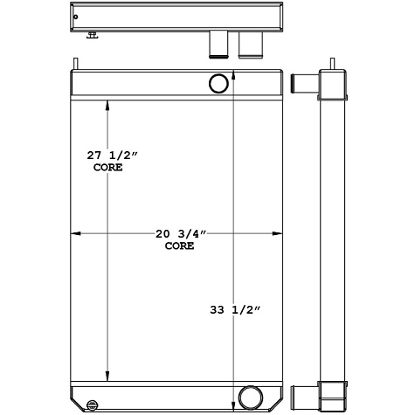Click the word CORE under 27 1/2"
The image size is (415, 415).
point(107,167)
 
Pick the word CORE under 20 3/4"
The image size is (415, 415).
point(179,247)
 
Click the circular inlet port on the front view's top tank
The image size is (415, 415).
point(218,84)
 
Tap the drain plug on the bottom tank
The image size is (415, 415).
point(93,404)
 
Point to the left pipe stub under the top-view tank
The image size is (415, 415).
point(218,45)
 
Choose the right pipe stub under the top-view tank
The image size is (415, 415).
point(251,45)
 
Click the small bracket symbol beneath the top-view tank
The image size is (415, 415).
point(93,36)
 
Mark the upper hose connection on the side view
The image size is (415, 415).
point(302,84)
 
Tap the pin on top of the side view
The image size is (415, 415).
point(334,63)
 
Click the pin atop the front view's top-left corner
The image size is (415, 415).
point(76,62)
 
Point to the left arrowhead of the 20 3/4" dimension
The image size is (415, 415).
point(74,234)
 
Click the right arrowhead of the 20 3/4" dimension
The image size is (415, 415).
point(280,234)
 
